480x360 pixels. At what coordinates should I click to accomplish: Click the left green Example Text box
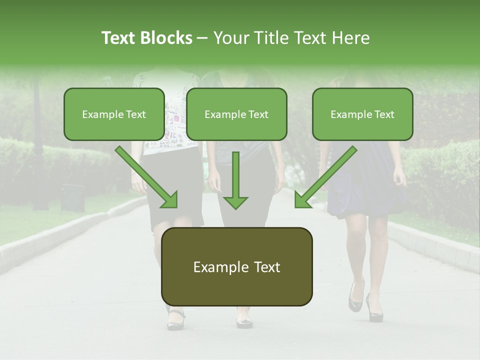point(114,114)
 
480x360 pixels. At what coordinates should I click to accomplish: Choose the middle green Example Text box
point(236,114)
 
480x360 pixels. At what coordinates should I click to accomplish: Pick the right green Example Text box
point(362,114)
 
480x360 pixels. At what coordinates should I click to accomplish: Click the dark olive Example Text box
point(236,266)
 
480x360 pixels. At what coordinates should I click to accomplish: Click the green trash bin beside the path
point(73,196)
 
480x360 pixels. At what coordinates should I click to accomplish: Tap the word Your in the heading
point(231,38)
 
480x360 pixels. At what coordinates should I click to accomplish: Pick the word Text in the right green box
point(384,114)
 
